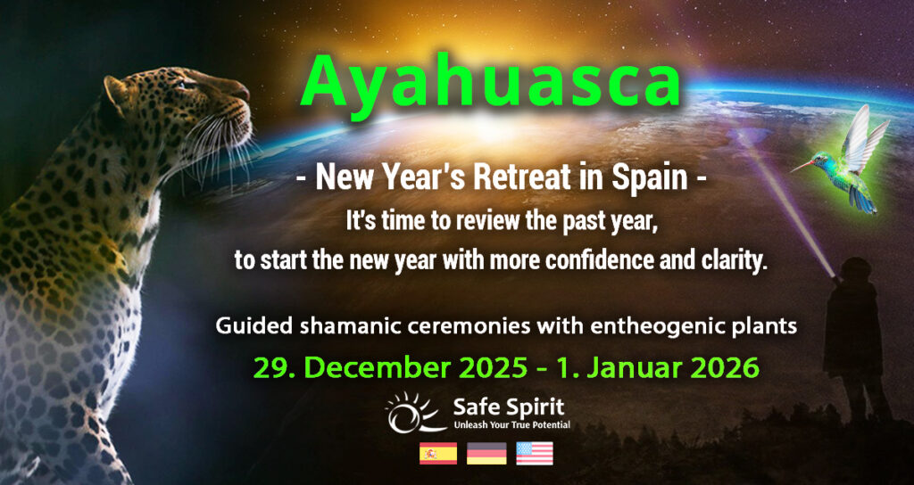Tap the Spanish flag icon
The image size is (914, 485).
click(x=438, y=453)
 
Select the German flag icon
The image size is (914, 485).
click(x=486, y=453)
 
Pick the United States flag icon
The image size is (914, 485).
click(x=534, y=453)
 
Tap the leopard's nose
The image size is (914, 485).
click(x=243, y=92)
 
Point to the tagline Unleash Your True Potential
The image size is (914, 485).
click(x=511, y=426)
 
